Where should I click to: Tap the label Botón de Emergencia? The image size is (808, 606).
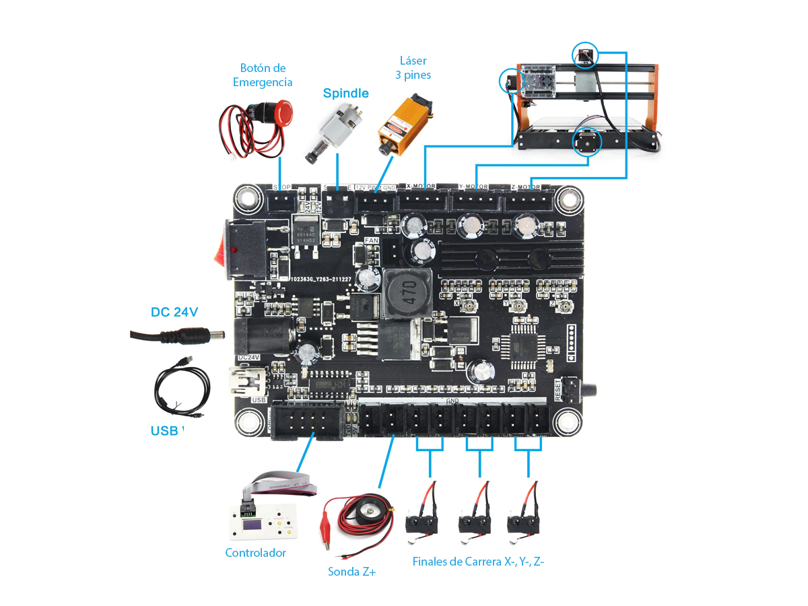tap(263, 75)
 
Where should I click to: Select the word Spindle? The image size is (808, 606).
tap(345, 94)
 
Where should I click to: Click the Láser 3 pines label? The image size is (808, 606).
tap(413, 68)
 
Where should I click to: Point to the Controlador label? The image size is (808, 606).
tap(255, 553)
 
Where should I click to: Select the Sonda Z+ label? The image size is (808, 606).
tap(351, 572)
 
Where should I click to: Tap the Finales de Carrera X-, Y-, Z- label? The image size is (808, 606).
tap(477, 562)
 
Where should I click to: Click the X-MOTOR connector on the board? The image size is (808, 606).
tap(422, 200)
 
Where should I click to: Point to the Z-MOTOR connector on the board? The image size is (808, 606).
tap(528, 200)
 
